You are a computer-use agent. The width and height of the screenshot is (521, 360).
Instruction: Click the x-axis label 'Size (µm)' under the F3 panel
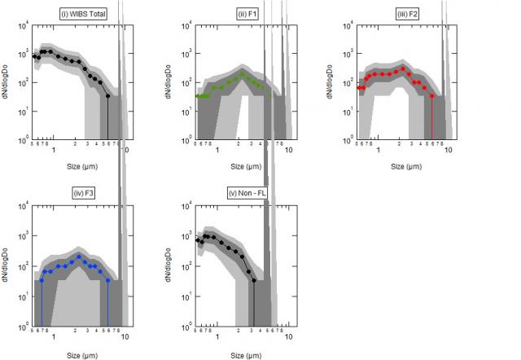click(79, 354)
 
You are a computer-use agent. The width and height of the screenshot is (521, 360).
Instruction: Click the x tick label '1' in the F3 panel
click(54, 336)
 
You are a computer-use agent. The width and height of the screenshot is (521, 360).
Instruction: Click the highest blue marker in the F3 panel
click(79, 256)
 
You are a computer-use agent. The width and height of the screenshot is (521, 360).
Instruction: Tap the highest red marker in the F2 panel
click(403, 68)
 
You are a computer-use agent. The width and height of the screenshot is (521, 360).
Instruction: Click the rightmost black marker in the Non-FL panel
click(254, 281)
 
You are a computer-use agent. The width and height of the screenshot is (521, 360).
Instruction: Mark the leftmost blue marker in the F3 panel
click(42, 280)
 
